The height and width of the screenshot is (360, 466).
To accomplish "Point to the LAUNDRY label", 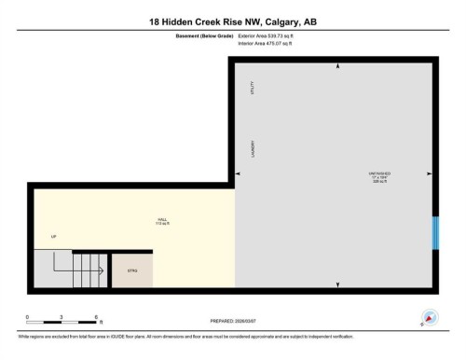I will (254, 149).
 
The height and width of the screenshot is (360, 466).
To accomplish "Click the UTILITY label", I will (254, 90).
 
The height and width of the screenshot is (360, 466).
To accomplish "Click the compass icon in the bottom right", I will (429, 318).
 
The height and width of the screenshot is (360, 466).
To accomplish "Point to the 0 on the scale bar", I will (27, 317).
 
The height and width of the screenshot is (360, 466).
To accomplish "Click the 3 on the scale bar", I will (62, 317).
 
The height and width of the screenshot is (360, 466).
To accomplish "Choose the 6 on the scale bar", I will (98, 317).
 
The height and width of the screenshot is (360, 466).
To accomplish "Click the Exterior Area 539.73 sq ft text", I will (272, 35).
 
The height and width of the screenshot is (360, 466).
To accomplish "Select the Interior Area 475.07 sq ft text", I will (271, 43).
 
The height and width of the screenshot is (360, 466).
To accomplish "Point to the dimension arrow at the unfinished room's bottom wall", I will (336, 284).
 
